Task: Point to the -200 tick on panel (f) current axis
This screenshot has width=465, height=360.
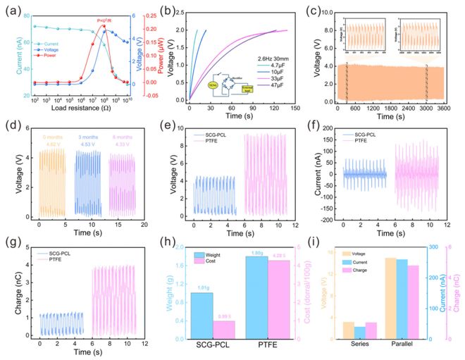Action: [334, 221]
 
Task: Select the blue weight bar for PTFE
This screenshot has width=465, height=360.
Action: [258, 297]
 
